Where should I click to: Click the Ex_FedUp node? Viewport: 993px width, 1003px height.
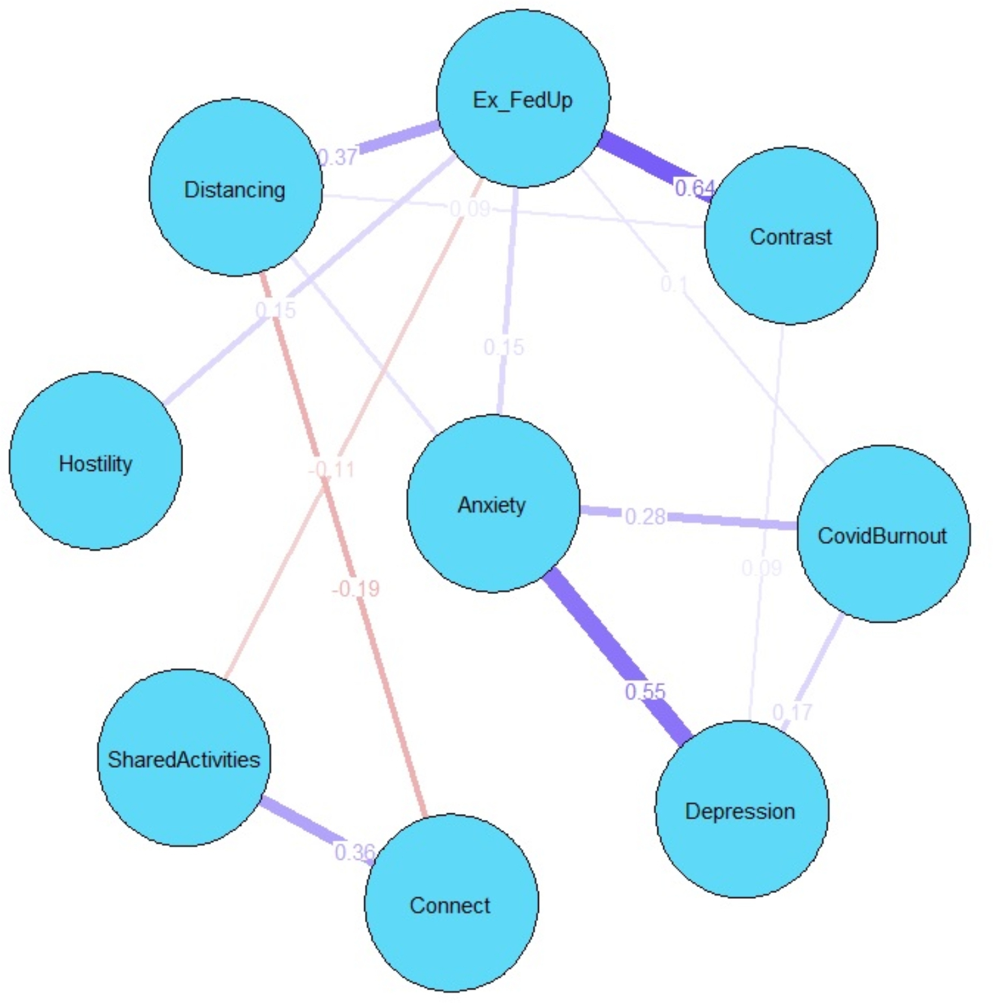(523, 99)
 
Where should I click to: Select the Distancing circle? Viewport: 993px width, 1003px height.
(235, 188)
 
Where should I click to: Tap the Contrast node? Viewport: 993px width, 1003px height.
(790, 236)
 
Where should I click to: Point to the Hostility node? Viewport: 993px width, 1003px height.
(95, 462)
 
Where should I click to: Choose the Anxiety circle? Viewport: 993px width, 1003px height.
(493, 503)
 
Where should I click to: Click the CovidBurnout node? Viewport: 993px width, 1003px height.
(883, 534)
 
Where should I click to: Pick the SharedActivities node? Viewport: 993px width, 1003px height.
(184, 758)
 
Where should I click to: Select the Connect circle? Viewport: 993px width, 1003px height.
(451, 903)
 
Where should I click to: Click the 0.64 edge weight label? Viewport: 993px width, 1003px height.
(695, 188)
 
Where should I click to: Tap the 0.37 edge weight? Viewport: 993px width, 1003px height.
(338, 157)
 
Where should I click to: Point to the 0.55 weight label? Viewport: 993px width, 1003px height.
(645, 691)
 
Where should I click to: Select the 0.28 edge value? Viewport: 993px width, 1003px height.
(645, 516)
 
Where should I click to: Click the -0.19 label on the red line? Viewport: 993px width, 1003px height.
(356, 588)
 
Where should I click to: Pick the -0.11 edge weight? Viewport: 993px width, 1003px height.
(332, 469)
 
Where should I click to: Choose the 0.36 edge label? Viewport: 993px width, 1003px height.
(354, 851)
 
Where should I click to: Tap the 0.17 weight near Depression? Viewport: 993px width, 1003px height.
(792, 712)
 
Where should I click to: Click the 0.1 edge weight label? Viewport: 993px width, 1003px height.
(674, 284)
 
